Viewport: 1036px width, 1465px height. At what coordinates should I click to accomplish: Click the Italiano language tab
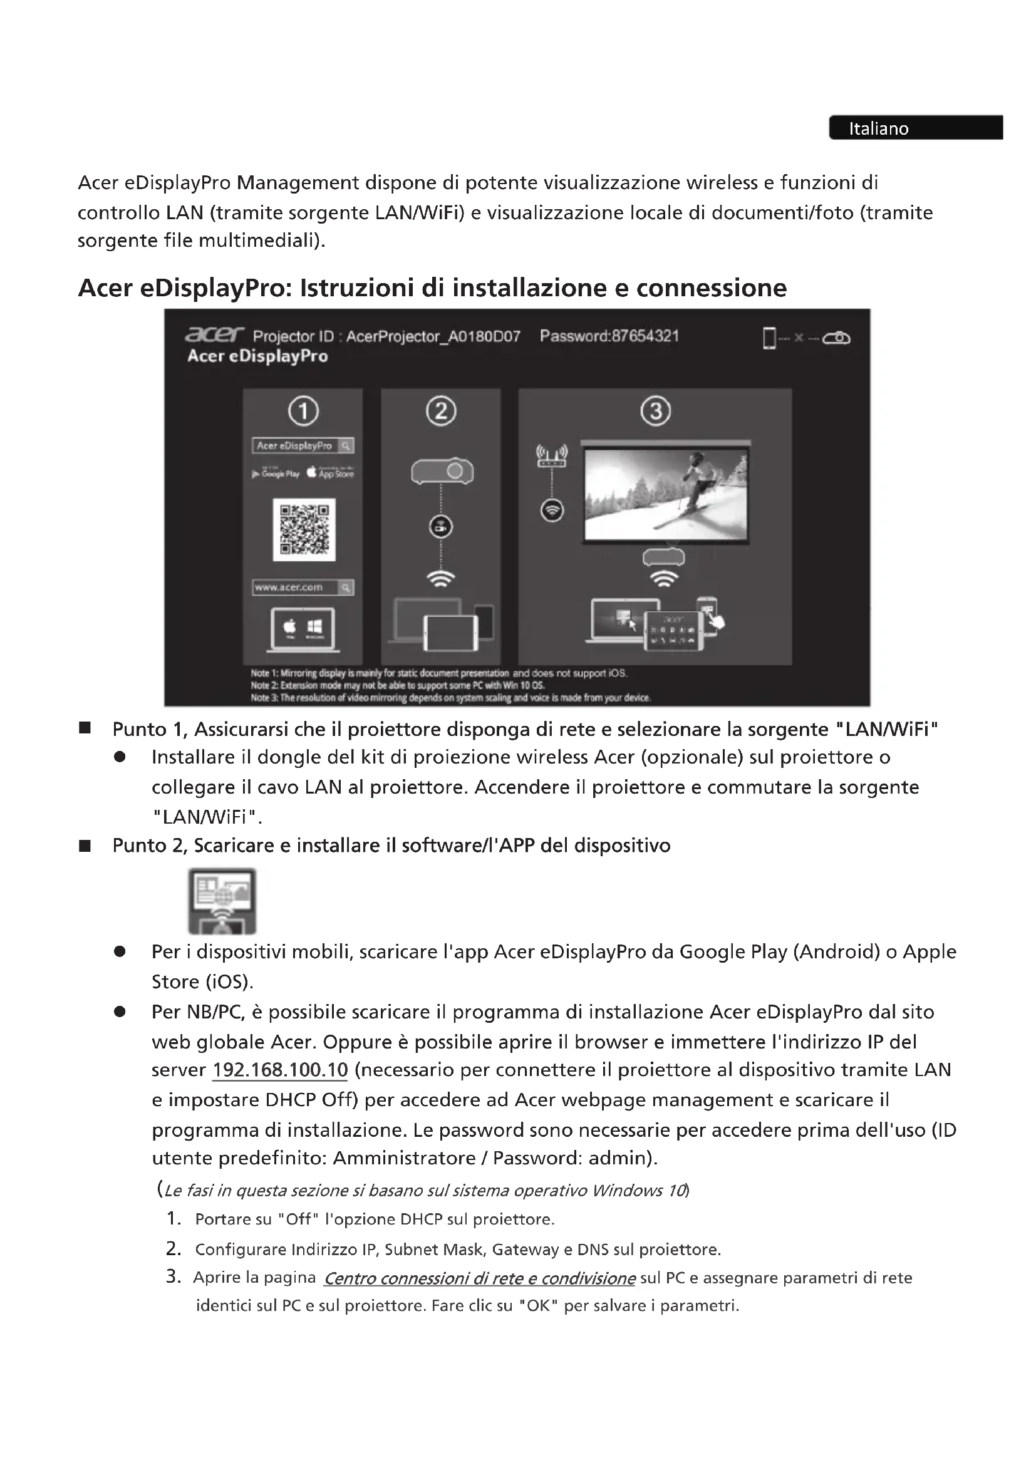point(916,128)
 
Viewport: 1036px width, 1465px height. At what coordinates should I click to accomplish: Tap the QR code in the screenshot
point(304,530)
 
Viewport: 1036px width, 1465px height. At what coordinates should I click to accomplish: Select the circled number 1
point(303,411)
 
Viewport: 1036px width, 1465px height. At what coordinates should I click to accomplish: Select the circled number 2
point(441,411)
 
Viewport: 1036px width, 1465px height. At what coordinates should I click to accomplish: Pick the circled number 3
point(655,411)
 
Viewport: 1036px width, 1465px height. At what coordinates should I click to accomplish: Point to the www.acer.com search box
point(303,587)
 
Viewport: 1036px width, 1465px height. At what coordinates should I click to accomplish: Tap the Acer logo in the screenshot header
point(214,334)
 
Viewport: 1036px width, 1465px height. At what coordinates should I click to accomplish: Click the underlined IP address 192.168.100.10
point(280,1070)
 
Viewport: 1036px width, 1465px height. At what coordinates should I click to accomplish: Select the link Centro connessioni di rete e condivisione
point(479,1278)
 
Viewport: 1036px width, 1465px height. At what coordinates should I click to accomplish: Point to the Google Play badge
point(276,474)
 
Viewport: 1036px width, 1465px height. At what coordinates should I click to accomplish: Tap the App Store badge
point(330,473)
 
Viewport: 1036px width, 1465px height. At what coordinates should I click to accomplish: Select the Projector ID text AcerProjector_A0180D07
point(433,336)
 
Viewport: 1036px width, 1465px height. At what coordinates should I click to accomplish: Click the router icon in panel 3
point(552,455)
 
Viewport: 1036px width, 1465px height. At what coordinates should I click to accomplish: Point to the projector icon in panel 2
point(442,472)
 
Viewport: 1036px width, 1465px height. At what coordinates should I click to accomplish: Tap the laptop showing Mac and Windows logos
point(303,628)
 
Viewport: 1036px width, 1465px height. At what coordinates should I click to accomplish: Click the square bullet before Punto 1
point(84,728)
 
